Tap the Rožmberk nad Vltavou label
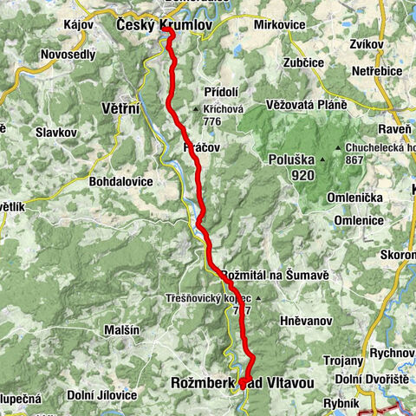pos(236,381)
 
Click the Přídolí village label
pos(219,92)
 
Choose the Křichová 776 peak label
pos(220,116)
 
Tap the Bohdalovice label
pos(120,182)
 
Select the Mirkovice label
pos(279,25)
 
